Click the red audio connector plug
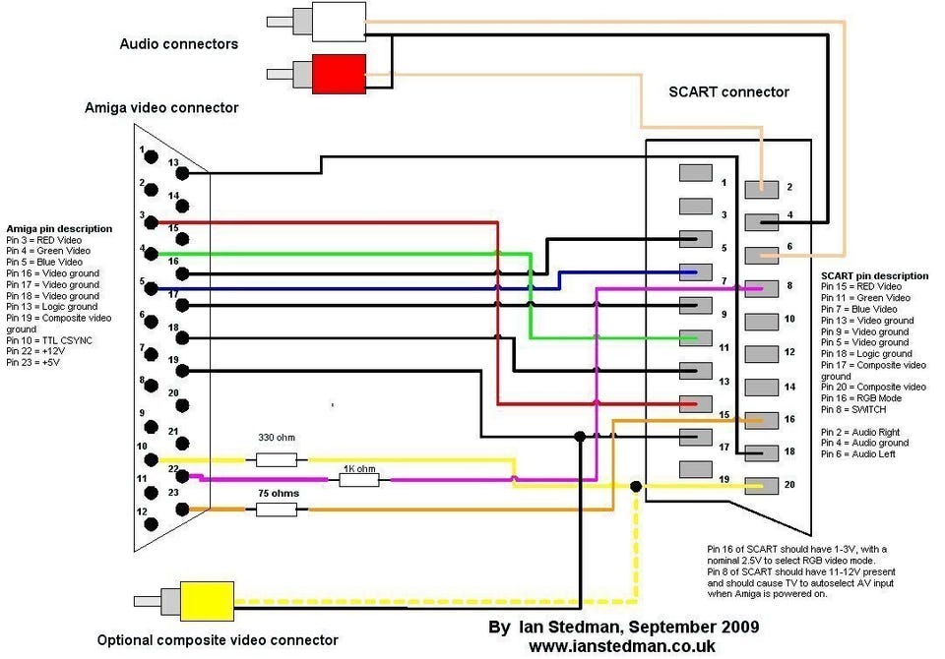[338, 74]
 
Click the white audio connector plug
[338, 21]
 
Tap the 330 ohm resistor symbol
[277, 459]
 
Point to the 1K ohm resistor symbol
[360, 480]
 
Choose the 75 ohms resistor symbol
[277, 509]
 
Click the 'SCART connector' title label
[728, 91]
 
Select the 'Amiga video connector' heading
[161, 108]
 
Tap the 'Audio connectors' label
[178, 43]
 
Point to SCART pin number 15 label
[724, 414]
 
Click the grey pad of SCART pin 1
[695, 172]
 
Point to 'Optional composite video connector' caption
[218, 640]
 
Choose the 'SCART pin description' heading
[874, 275]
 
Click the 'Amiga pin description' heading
[59, 229]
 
